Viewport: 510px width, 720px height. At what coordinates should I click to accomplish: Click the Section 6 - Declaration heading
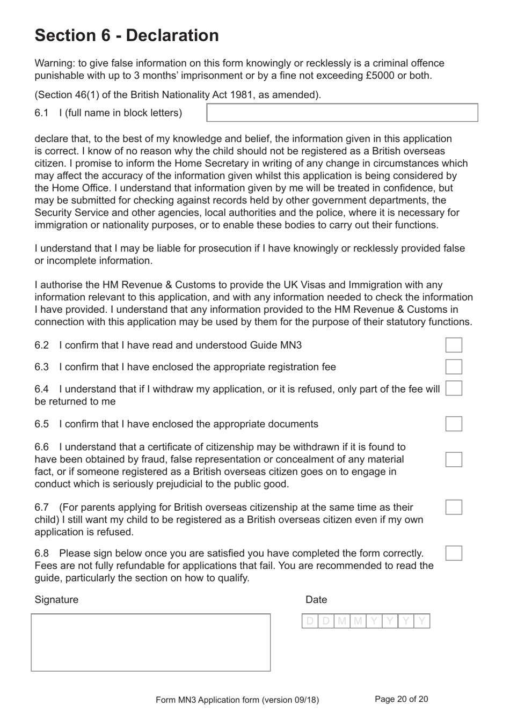127,35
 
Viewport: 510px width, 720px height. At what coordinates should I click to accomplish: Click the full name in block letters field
342,113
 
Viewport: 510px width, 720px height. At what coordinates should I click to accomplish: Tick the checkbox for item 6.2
454,345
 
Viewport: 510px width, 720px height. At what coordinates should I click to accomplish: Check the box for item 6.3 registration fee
454,367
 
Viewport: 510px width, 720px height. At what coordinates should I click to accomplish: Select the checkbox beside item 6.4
454,388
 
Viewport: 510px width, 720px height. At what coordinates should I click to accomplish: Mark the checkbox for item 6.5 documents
454,424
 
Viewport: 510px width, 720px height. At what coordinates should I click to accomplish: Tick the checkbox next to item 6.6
454,460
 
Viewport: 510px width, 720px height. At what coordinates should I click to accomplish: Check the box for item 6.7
454,507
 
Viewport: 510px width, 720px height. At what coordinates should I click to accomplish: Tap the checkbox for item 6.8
454,553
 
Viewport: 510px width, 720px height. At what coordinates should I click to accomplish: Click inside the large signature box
151,643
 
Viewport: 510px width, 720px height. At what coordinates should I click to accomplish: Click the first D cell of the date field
310,621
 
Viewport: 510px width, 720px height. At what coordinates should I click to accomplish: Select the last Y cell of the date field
422,621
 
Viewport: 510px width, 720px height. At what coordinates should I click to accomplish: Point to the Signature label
56,600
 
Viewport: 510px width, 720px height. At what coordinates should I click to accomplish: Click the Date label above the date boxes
316,600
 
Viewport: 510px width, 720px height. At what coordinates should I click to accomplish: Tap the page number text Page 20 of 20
401,699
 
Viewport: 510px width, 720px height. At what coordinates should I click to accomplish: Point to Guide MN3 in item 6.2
275,345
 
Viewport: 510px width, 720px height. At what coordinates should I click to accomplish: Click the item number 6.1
41,113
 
